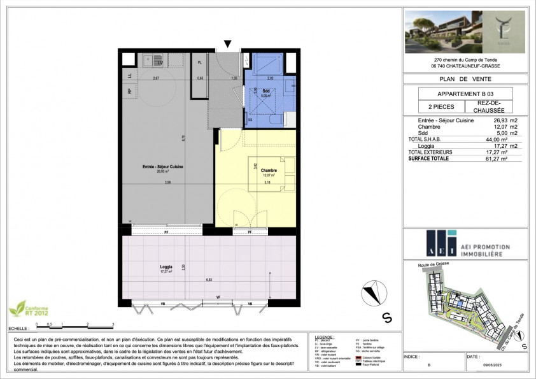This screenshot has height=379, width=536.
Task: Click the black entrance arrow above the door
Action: click(228, 44)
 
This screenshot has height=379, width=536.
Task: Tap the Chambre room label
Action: click(258, 161)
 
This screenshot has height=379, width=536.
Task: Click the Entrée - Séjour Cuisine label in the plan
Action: click(163, 167)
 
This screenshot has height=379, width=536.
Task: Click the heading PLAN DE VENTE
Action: click(466, 79)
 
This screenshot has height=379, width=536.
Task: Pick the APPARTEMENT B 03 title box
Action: click(466, 94)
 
